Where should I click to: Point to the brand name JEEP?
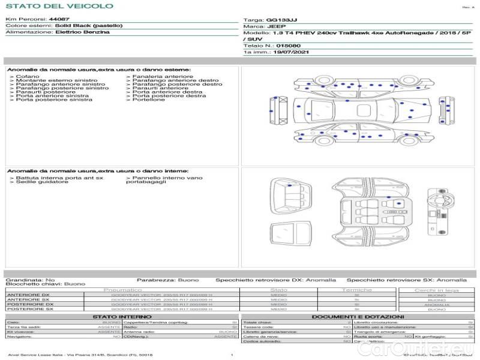[274, 27]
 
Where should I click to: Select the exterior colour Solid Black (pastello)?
[89, 26]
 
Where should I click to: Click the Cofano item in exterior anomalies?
[28, 77]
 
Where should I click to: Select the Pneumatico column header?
[122, 290]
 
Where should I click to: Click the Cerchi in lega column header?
[436, 290]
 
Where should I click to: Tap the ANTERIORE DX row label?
[28, 295]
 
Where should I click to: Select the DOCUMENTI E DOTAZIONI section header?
[358, 316]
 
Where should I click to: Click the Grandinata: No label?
[30, 280]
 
